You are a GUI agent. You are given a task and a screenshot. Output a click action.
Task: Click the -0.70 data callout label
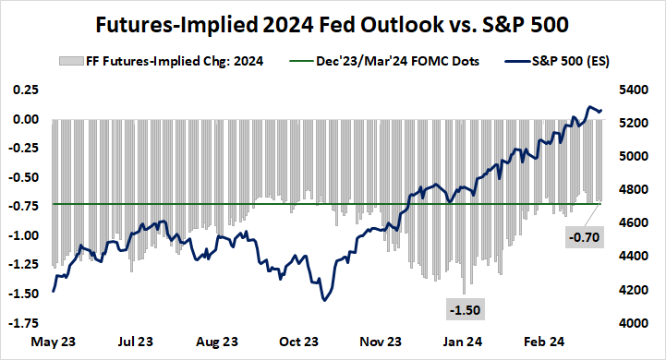coord(585,237)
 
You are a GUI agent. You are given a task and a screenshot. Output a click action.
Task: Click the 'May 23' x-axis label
coord(54,342)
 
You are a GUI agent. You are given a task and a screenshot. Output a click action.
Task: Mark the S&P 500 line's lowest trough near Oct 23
coord(324,300)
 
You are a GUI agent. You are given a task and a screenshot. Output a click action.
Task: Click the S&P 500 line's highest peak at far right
coord(589,108)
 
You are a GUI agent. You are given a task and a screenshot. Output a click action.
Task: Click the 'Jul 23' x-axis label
coord(136,342)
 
